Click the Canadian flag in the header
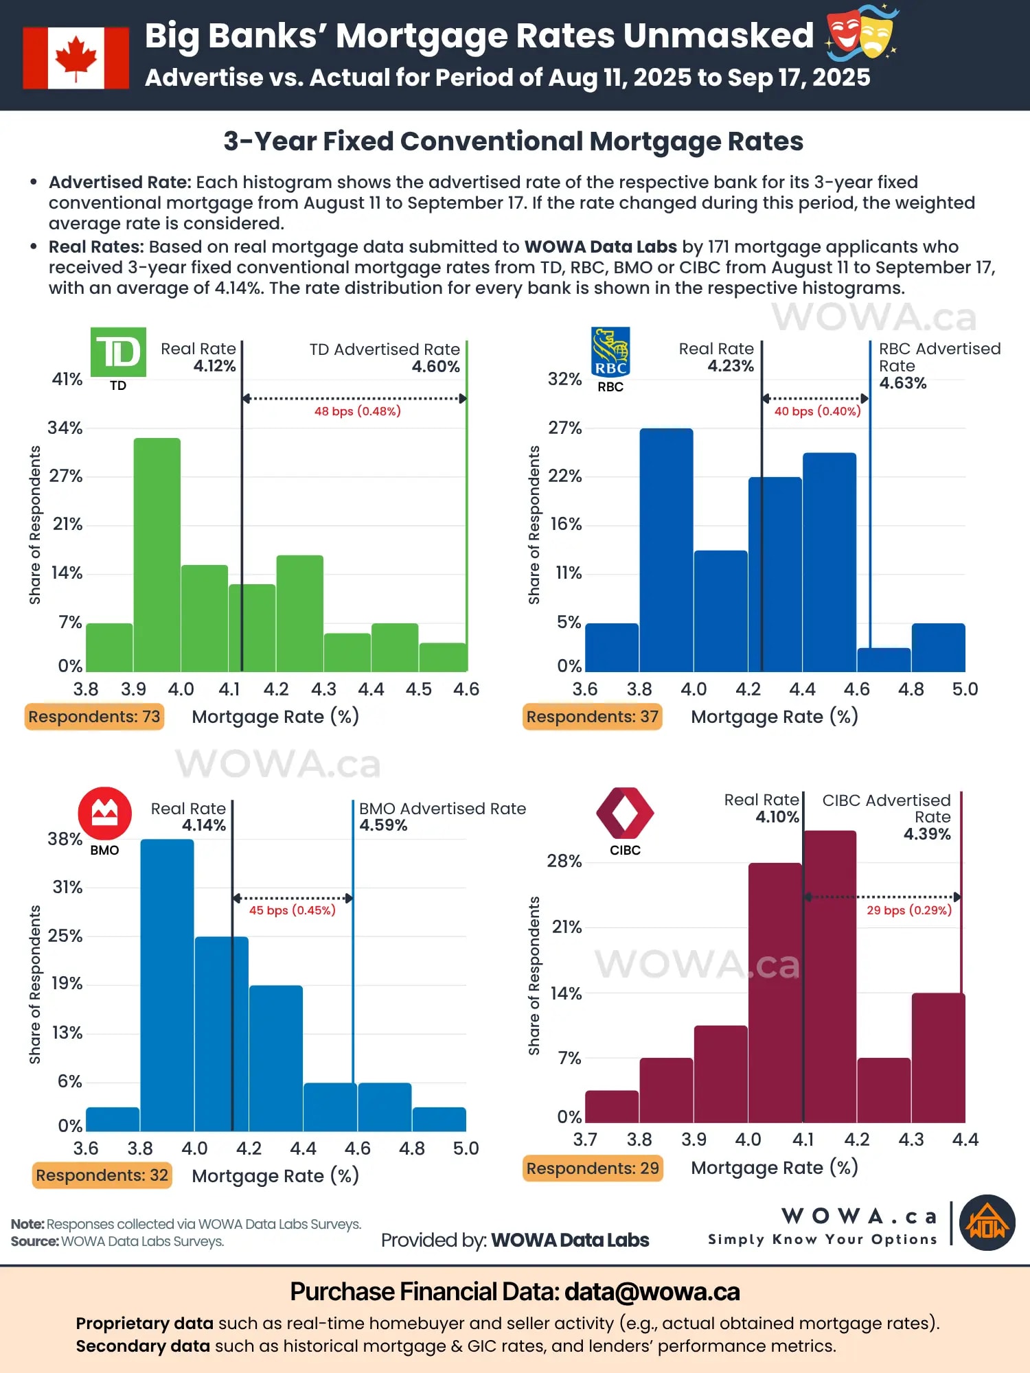76,58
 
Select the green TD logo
118,352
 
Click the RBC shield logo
610,352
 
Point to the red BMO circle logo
104,814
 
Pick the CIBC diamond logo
625,814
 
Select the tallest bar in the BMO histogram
168,985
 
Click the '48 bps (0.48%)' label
357,411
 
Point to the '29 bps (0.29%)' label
908,910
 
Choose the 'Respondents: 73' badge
94,717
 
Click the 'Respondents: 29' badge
593,1168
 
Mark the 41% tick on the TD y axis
67,379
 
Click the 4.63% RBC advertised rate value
902,383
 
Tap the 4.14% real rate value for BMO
203,825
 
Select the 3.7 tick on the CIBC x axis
585,1140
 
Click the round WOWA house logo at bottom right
987,1223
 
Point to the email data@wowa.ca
652,1292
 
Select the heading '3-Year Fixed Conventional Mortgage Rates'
514,141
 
